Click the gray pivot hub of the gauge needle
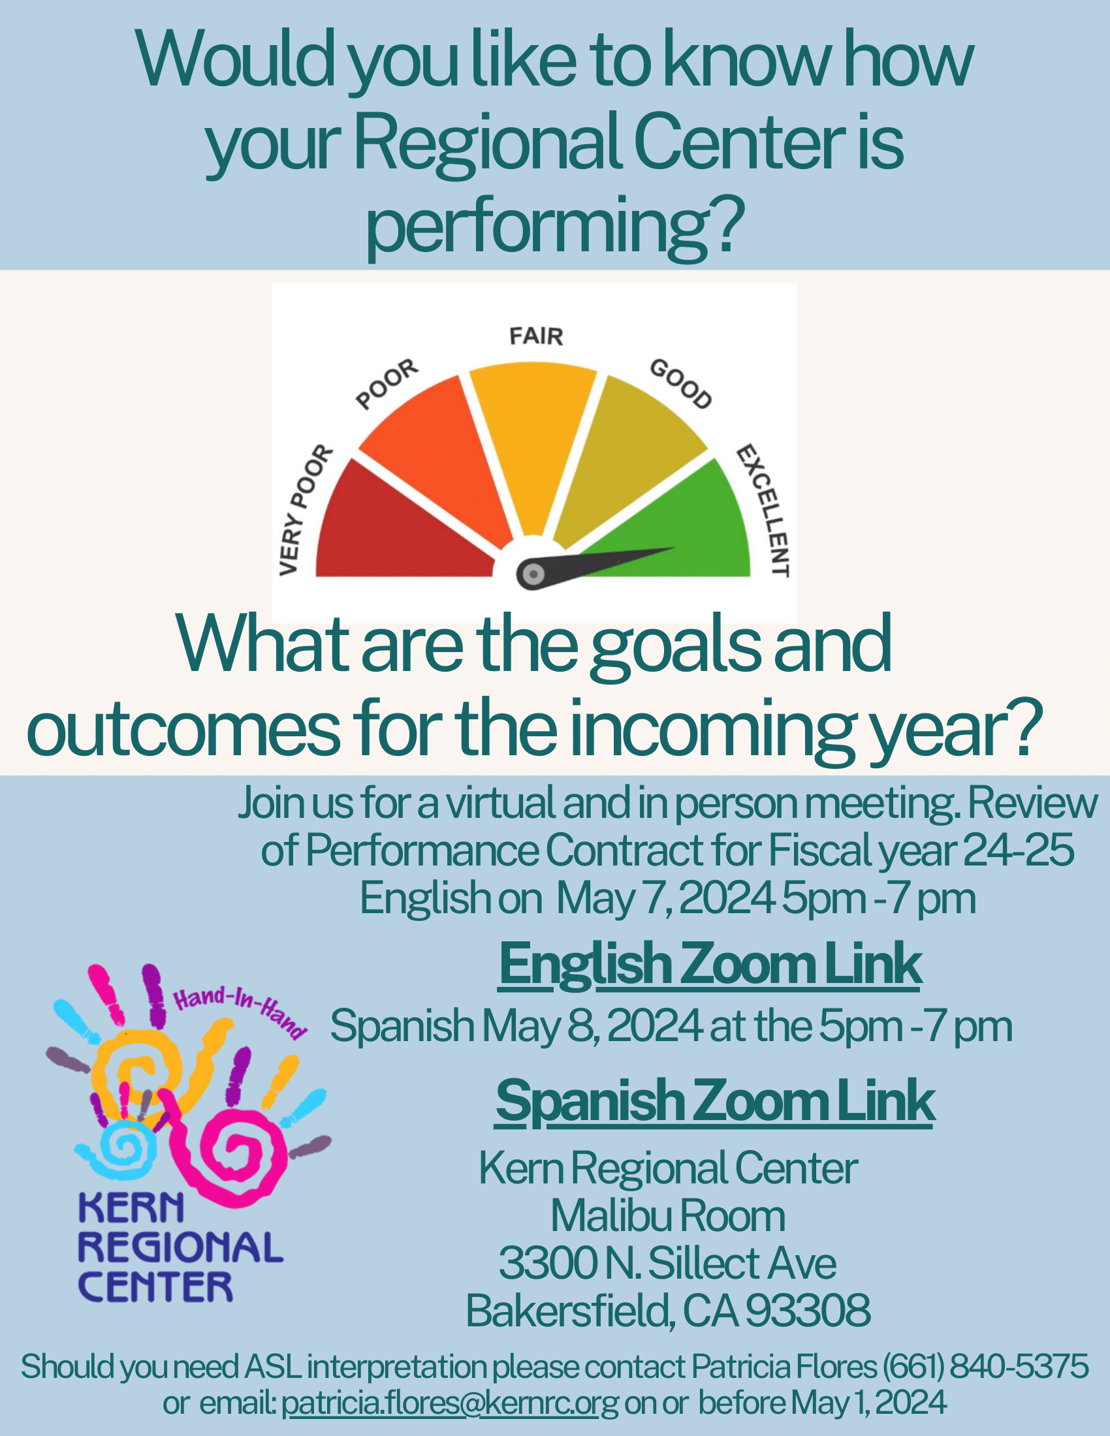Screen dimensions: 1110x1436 point(533,574)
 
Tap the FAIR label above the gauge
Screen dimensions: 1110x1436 point(536,336)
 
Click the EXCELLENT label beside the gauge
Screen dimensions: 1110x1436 point(763,510)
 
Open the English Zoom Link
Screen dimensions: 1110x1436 point(710,965)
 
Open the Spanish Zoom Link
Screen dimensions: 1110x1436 point(715,1101)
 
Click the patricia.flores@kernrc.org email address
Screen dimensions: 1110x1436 point(450,1403)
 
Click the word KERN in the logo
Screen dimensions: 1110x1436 point(131,1208)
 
